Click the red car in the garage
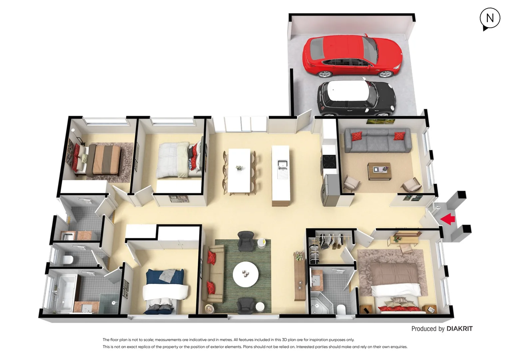[x=351, y=55]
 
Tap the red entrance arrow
[x=448, y=219]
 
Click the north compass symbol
[x=490, y=19]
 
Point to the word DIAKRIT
[x=459, y=329]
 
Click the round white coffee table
[x=246, y=274]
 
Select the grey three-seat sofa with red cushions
[x=377, y=140]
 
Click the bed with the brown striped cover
[x=103, y=160]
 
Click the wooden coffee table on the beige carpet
[x=379, y=171]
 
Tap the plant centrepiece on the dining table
[x=239, y=168]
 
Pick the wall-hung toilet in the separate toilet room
[x=68, y=259]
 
